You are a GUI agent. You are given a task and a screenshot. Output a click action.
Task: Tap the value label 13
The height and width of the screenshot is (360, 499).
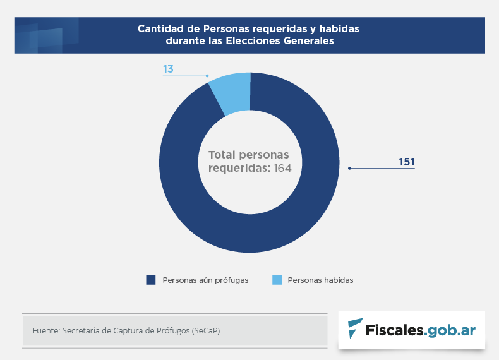coord(168,68)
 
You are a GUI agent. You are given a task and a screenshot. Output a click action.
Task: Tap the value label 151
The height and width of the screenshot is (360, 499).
coord(406,162)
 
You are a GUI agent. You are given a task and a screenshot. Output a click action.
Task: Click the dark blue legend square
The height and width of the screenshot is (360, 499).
coord(150,280)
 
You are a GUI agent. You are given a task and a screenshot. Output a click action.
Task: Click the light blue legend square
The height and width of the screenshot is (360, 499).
coord(276,280)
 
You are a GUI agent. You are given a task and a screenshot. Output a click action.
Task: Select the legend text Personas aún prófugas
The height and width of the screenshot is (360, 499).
coord(205,280)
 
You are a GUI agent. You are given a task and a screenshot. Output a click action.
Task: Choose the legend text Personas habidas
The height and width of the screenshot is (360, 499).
coord(320,280)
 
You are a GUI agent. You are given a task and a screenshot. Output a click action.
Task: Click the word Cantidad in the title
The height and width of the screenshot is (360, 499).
coord(162,29)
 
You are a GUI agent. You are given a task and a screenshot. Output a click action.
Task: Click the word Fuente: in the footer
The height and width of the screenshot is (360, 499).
coord(45,330)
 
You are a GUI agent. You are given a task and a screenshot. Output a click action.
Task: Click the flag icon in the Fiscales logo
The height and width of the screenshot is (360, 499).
coord(356,328)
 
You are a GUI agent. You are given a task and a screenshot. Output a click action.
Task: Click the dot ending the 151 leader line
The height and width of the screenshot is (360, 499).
coord(349,169)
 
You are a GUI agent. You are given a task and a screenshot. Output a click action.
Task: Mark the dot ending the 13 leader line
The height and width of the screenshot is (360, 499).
coord(207,76)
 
